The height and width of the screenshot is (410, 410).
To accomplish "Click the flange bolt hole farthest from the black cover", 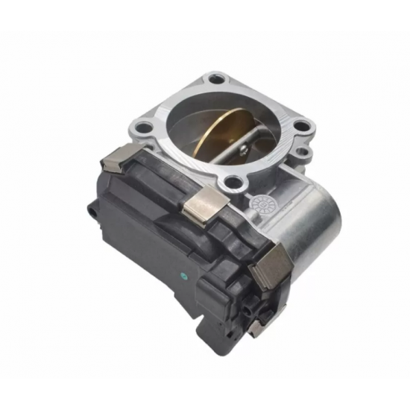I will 215,78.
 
